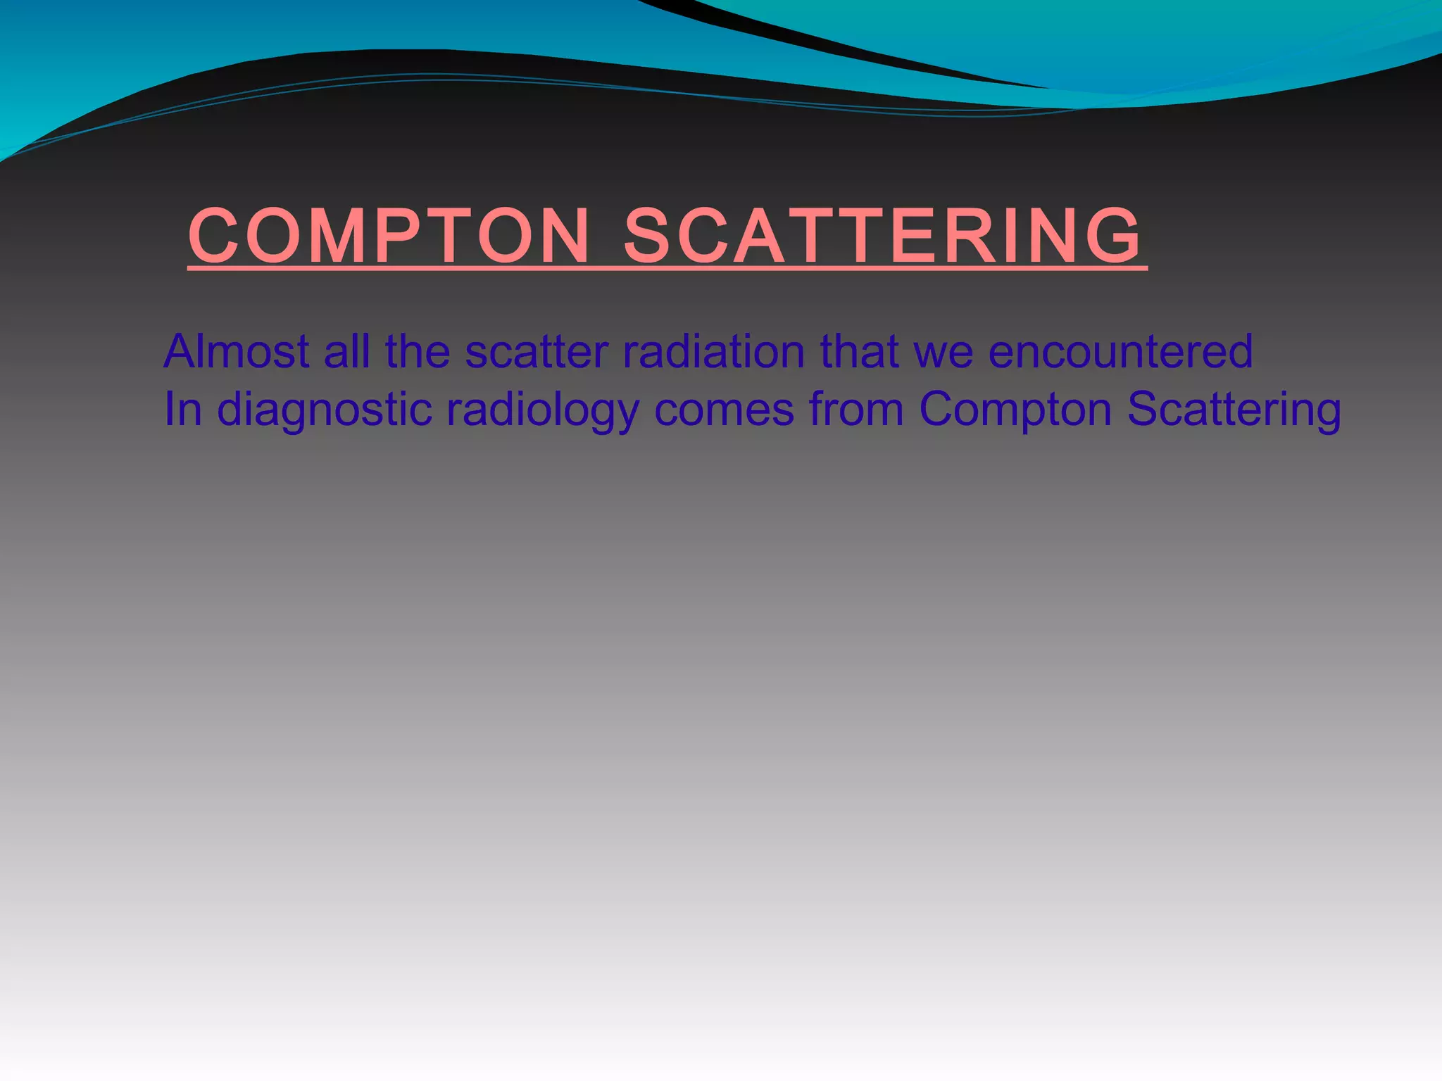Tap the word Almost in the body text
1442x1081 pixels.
(237, 351)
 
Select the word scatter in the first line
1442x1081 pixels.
(537, 351)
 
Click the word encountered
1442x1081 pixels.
(1120, 351)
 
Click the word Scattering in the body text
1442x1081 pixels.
(1234, 410)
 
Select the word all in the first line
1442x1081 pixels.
(346, 351)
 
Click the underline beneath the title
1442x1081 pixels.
(667, 268)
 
